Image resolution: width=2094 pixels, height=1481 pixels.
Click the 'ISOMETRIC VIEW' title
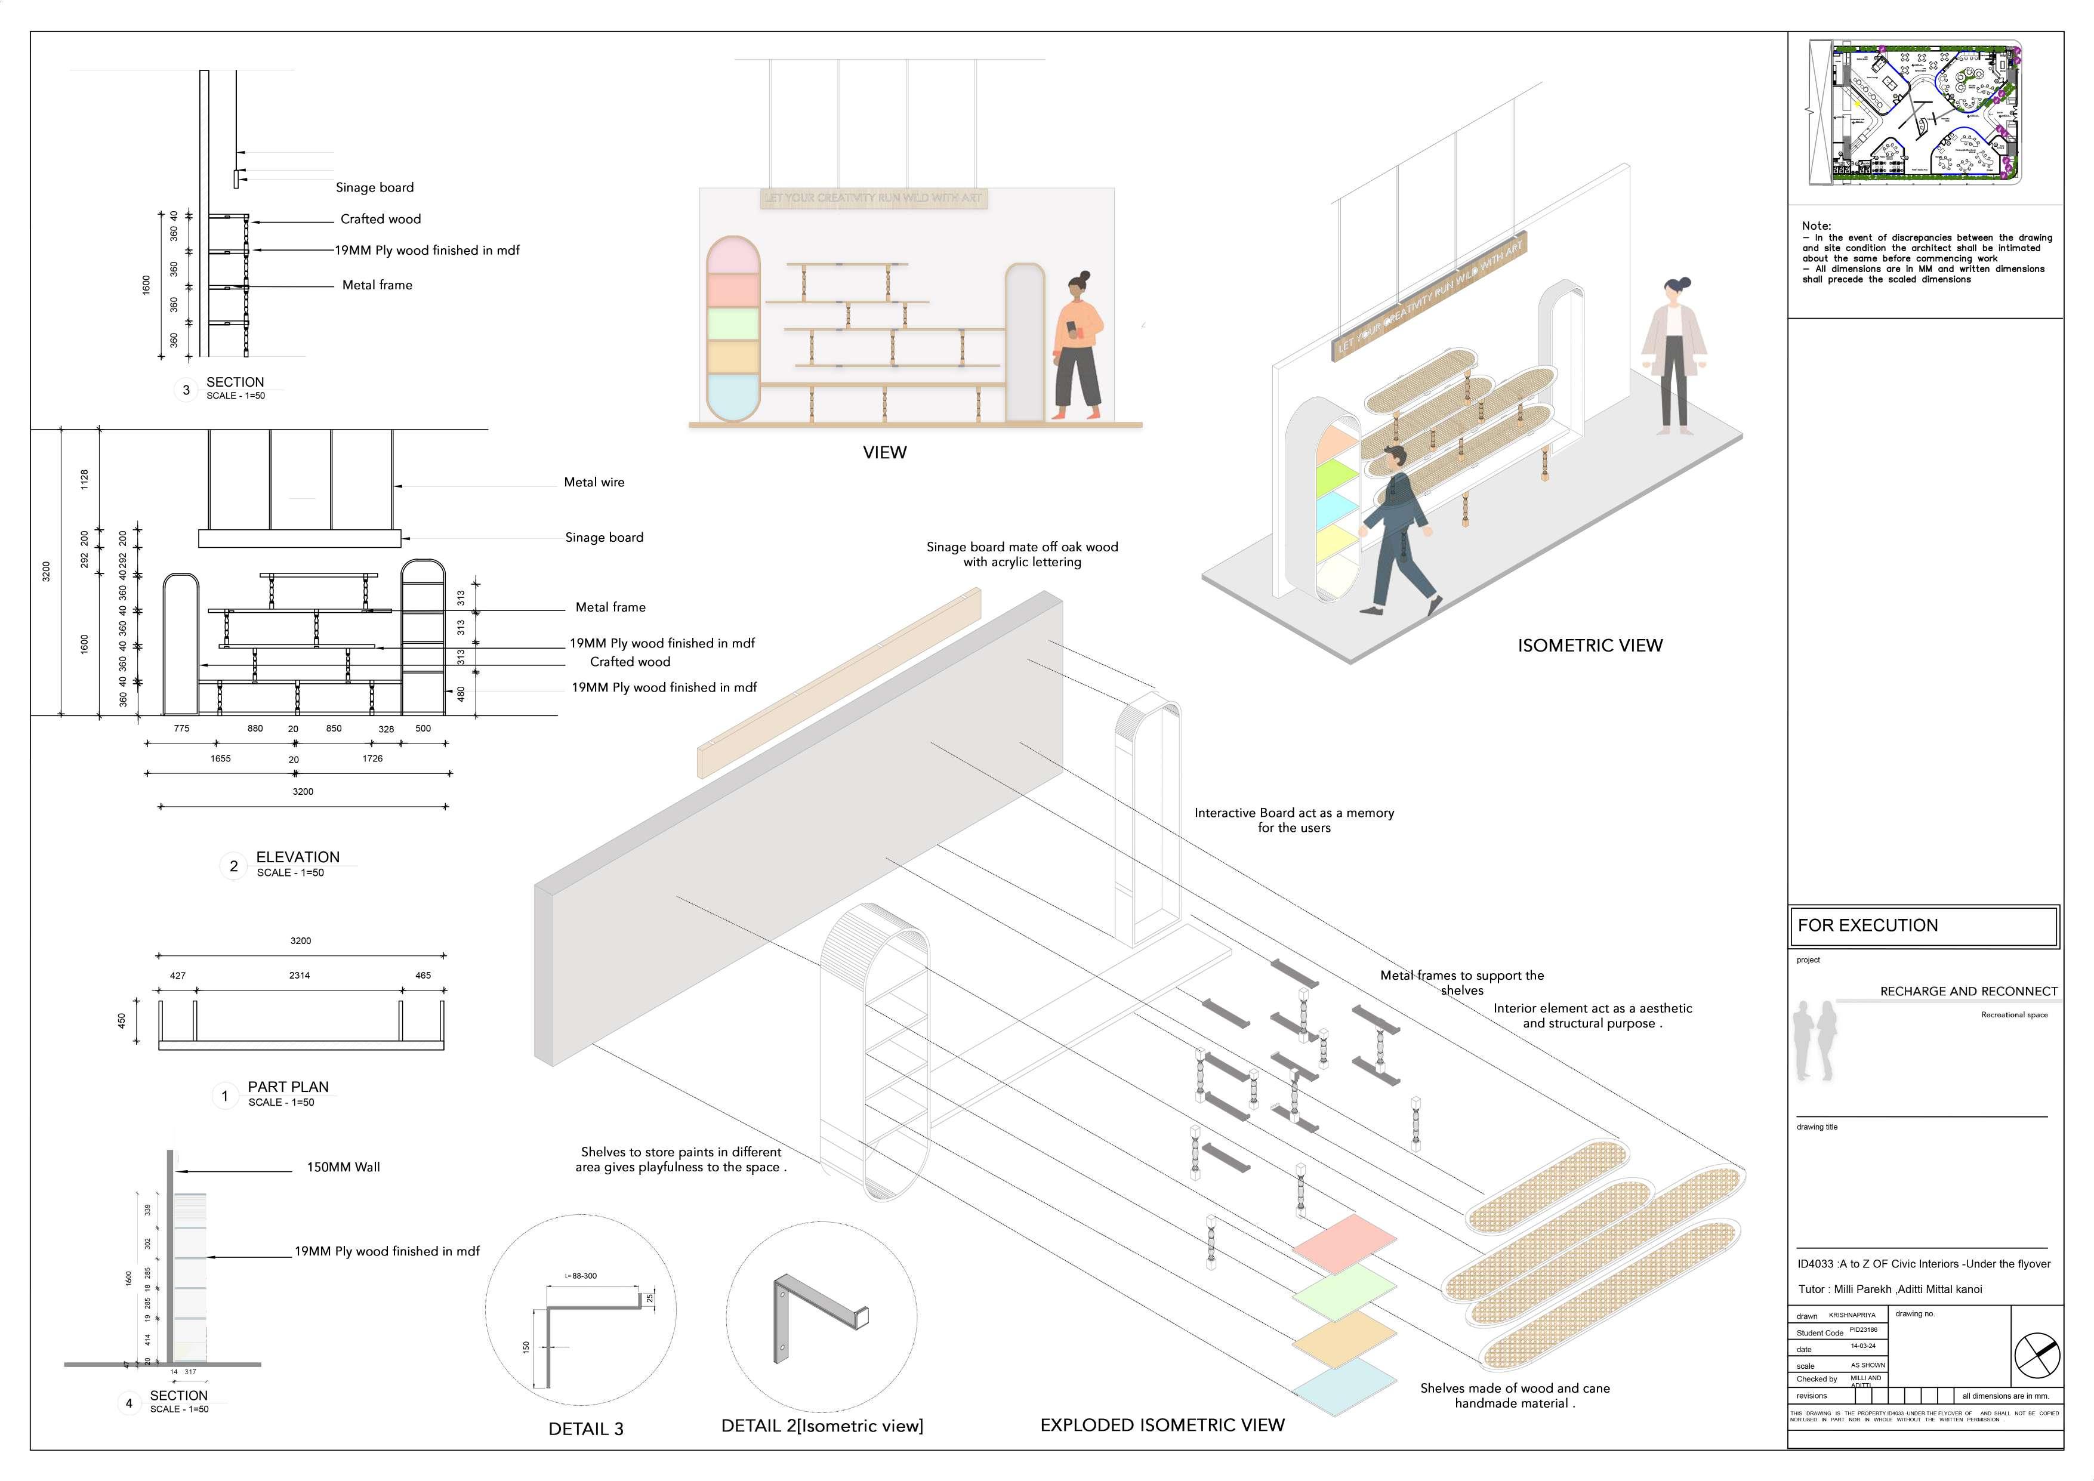[1590, 646]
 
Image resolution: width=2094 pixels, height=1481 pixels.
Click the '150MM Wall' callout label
[343, 1167]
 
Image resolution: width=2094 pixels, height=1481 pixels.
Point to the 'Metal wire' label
[594, 482]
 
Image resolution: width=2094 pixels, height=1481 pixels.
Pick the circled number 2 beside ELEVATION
[233, 865]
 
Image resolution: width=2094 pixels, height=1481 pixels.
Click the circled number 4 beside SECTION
[128, 1403]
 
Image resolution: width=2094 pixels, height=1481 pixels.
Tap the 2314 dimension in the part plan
[299, 975]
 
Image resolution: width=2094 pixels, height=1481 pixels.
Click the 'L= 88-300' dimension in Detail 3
[581, 1276]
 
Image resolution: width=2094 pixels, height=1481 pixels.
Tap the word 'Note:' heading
[1816, 225]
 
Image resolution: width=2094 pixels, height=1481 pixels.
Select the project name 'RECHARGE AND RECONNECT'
[1968, 991]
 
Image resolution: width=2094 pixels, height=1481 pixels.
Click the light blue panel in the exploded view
[1344, 1386]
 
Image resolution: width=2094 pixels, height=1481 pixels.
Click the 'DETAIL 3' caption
[585, 1429]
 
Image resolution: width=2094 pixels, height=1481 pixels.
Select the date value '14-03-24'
[1863, 1346]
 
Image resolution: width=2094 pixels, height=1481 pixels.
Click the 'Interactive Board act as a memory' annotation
[1293, 813]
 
